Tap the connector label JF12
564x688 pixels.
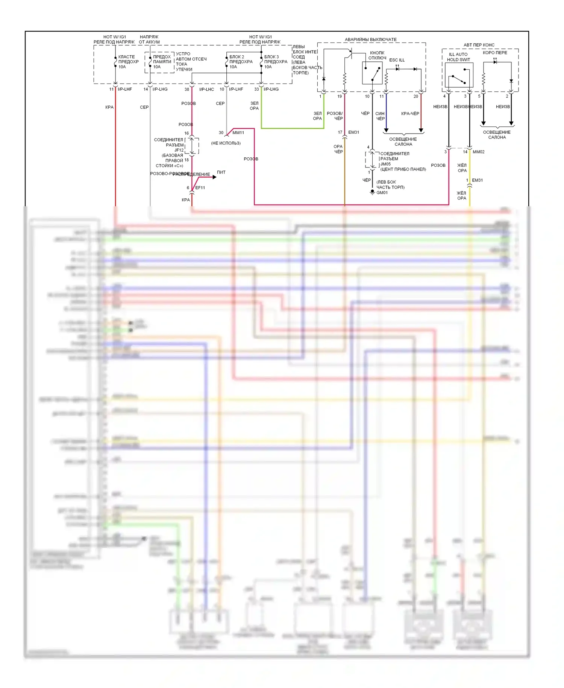179,150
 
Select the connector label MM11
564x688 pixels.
238,133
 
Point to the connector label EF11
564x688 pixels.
200,188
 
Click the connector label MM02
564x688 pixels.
478,152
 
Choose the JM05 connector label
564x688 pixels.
385,164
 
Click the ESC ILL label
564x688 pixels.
397,60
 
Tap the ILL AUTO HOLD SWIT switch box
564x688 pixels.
459,75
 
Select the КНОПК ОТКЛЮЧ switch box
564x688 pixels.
372,73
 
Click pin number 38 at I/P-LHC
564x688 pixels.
187,90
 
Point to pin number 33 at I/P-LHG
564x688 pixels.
256,90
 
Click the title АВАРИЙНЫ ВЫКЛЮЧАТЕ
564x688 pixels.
371,40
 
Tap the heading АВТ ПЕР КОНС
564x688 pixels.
479,45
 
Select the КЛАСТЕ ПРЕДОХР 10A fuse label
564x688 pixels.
128,62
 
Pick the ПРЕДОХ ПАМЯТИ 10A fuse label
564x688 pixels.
162,62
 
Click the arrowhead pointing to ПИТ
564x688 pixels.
214,177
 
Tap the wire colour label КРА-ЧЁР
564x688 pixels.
410,114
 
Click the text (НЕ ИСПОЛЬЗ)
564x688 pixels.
226,143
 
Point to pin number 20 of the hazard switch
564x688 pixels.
415,96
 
